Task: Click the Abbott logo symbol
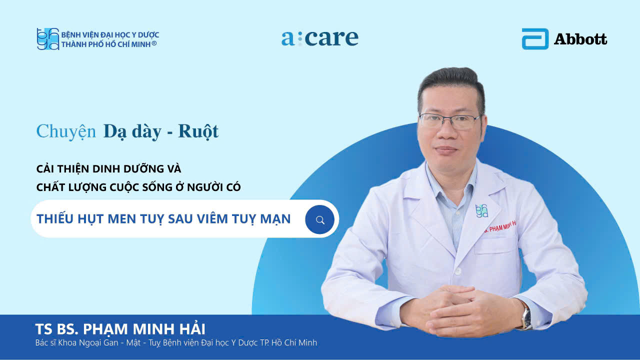[x=535, y=39]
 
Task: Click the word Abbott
[x=580, y=39]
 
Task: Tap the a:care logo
[x=319, y=38]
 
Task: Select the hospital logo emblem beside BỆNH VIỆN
[x=47, y=39]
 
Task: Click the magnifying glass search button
[x=319, y=219]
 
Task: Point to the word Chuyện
[x=66, y=131]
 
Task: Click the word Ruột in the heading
[x=198, y=131]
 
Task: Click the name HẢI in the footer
[x=192, y=328]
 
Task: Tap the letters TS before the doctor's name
[x=43, y=329]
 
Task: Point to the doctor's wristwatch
[x=525, y=317]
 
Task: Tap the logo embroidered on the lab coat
[x=481, y=211]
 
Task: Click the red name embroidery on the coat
[x=500, y=226]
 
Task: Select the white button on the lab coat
[x=457, y=271]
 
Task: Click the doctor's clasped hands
[x=460, y=311]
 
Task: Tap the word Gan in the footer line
[x=111, y=342]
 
